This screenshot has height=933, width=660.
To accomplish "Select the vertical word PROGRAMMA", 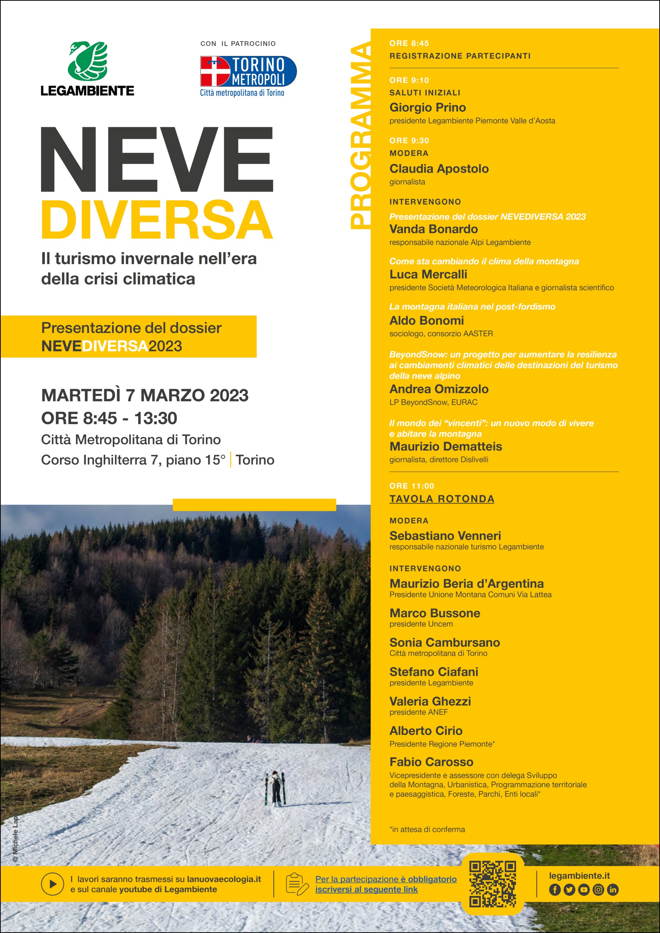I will [x=360, y=136].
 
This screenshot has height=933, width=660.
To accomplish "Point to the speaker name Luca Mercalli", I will [x=428, y=274].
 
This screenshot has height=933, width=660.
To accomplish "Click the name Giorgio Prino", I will [x=428, y=107].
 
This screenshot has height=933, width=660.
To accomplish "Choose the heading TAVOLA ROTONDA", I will [x=442, y=499].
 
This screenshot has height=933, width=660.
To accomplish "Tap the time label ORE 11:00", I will [x=412, y=486].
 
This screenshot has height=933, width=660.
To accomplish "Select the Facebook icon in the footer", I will [x=555, y=890].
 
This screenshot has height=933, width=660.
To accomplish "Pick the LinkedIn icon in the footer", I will [x=613, y=890].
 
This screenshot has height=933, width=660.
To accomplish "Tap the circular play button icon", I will [x=53, y=884].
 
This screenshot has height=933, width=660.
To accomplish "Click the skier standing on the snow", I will [x=276, y=788].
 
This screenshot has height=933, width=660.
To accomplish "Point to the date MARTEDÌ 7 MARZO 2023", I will [x=145, y=395].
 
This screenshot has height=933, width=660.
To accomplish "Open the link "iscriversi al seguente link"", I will [x=366, y=889].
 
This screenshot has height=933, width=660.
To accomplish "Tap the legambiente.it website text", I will [x=579, y=876].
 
